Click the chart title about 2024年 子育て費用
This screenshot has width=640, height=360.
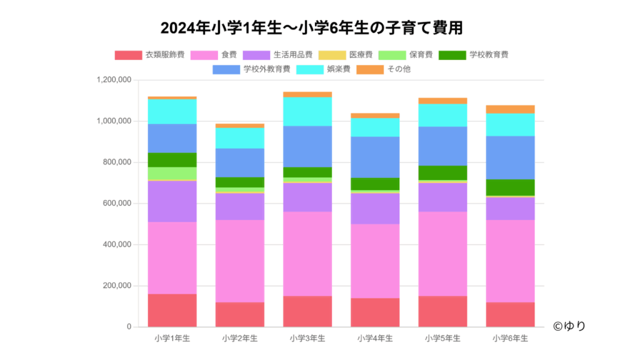click(x=311, y=29)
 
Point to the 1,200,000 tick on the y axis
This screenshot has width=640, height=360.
click(x=113, y=80)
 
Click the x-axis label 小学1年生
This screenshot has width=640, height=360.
click(x=172, y=338)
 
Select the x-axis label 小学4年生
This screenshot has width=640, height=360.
click(x=375, y=338)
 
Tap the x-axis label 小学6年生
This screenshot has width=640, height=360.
click(x=510, y=338)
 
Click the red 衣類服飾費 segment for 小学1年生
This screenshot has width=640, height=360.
click(x=172, y=310)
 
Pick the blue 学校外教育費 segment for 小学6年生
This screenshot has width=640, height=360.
click(x=510, y=157)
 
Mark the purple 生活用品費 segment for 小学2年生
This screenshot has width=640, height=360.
click(x=240, y=206)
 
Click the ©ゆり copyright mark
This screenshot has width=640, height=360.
click(x=569, y=326)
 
